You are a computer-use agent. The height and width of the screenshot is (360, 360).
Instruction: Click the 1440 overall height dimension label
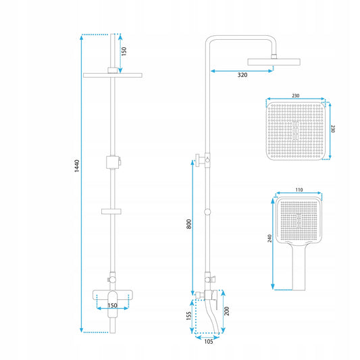point(77,165)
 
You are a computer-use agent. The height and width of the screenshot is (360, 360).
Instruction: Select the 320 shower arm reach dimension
point(242,75)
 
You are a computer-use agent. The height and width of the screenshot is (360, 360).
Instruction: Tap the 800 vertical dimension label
point(188,224)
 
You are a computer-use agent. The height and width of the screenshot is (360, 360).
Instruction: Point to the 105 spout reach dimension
point(209,341)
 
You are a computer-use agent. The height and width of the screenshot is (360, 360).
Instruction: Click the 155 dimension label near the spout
point(188,316)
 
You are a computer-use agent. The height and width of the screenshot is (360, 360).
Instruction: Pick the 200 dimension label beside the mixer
point(227,311)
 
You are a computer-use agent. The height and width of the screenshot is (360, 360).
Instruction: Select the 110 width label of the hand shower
point(299,190)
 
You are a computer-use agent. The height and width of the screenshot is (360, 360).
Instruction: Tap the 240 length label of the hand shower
point(269,238)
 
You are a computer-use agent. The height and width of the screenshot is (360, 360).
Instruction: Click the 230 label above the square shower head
point(295,95)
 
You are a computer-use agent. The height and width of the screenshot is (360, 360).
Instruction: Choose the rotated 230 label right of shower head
point(333,129)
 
